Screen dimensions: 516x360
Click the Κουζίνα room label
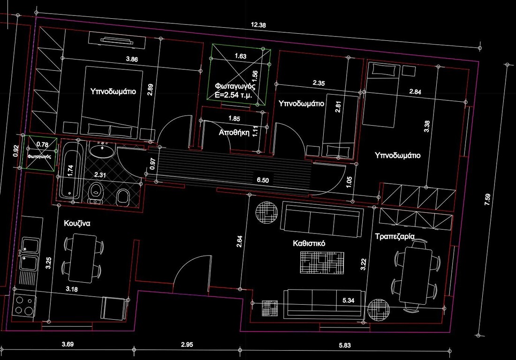click(77, 224)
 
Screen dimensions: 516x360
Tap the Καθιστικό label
click(309, 243)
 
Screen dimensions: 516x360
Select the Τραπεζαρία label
click(395, 237)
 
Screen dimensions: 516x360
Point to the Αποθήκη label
click(234, 133)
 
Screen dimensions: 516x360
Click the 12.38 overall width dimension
click(258, 25)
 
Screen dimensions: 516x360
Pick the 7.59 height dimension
click(488, 200)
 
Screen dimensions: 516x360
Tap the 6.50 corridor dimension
click(263, 180)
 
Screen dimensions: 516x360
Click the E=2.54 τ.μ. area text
click(234, 95)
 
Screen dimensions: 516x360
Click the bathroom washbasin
click(102, 151)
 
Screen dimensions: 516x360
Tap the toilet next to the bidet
click(96, 192)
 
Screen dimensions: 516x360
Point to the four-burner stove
click(24, 306)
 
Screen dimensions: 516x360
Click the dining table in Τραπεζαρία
click(416, 276)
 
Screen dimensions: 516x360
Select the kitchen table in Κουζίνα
click(82, 258)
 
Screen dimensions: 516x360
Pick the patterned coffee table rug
click(322, 262)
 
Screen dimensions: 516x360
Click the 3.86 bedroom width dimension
click(132, 59)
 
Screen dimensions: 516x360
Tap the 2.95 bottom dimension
click(187, 345)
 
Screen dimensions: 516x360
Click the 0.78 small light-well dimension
click(42, 144)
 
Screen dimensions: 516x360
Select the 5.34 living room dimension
click(348, 300)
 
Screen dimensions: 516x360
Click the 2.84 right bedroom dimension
click(415, 92)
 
